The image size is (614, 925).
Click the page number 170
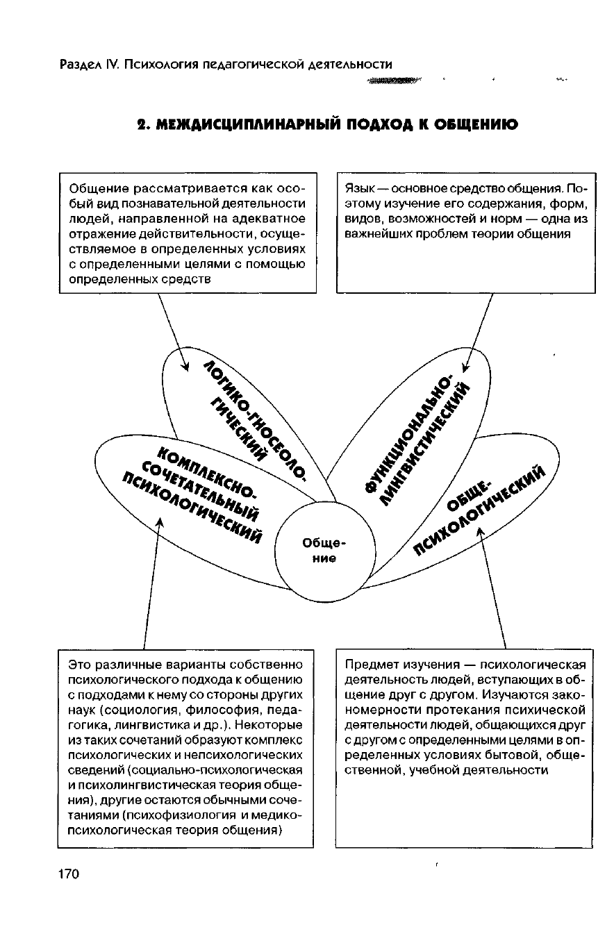pyautogui.click(x=69, y=873)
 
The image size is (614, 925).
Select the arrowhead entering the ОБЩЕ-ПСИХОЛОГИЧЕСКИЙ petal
pyautogui.click(x=480, y=529)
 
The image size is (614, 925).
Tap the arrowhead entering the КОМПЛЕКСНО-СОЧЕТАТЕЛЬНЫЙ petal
pyautogui.click(x=160, y=521)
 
